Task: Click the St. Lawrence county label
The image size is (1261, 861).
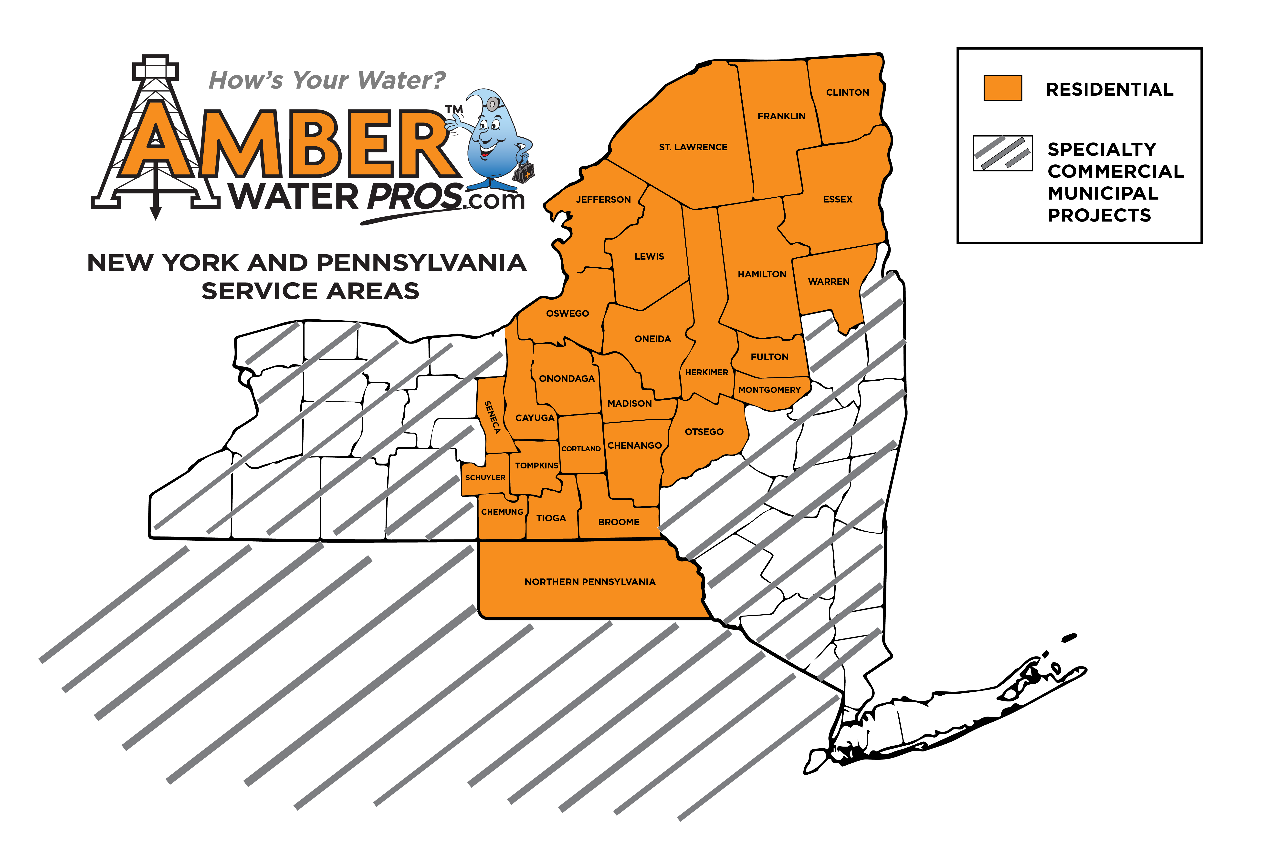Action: (693, 147)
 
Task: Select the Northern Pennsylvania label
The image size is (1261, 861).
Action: (590, 582)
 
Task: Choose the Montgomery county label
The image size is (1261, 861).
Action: (769, 390)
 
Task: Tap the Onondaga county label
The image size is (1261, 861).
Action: (567, 378)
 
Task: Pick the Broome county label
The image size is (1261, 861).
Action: (619, 522)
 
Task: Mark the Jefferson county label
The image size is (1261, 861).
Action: (603, 200)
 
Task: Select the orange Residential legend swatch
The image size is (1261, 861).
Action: (1003, 88)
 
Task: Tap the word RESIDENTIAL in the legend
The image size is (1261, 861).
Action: (1110, 90)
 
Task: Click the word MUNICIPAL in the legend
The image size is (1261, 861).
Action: (1103, 193)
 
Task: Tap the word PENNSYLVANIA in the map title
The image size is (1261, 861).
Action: (421, 263)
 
